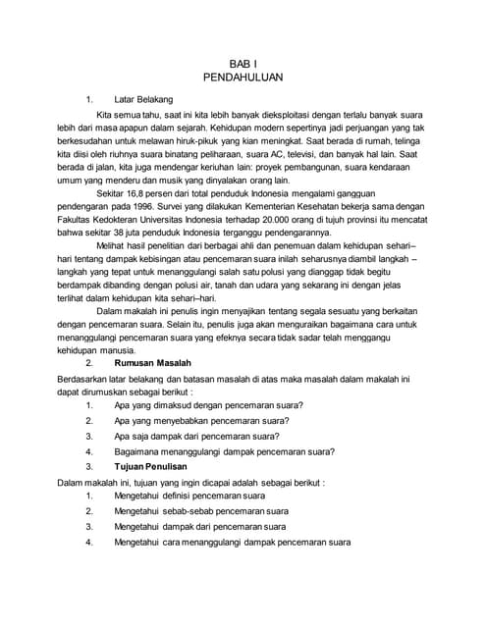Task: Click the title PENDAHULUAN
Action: point(243,76)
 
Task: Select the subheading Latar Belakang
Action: point(143,99)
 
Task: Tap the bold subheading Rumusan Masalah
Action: point(156,362)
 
